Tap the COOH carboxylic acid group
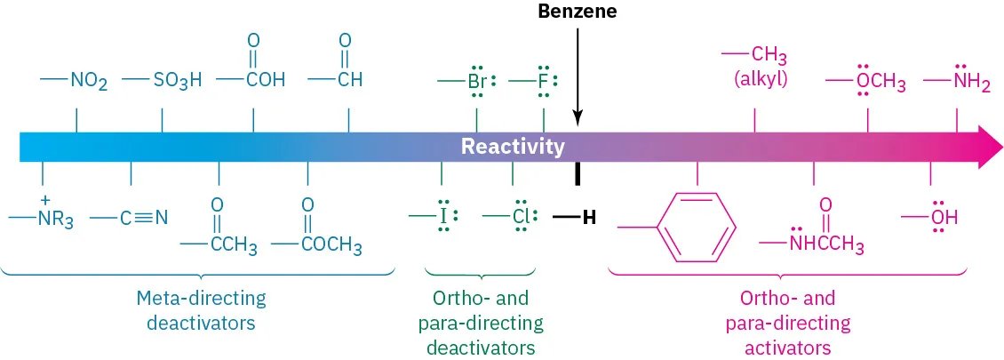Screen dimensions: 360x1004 (x=259, y=80)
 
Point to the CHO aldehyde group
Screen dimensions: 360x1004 (x=347, y=80)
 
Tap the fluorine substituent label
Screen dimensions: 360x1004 (x=543, y=82)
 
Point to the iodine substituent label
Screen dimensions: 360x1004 (x=442, y=216)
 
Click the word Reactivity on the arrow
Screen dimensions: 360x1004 (x=513, y=147)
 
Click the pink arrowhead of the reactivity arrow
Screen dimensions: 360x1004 (x=988, y=147)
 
